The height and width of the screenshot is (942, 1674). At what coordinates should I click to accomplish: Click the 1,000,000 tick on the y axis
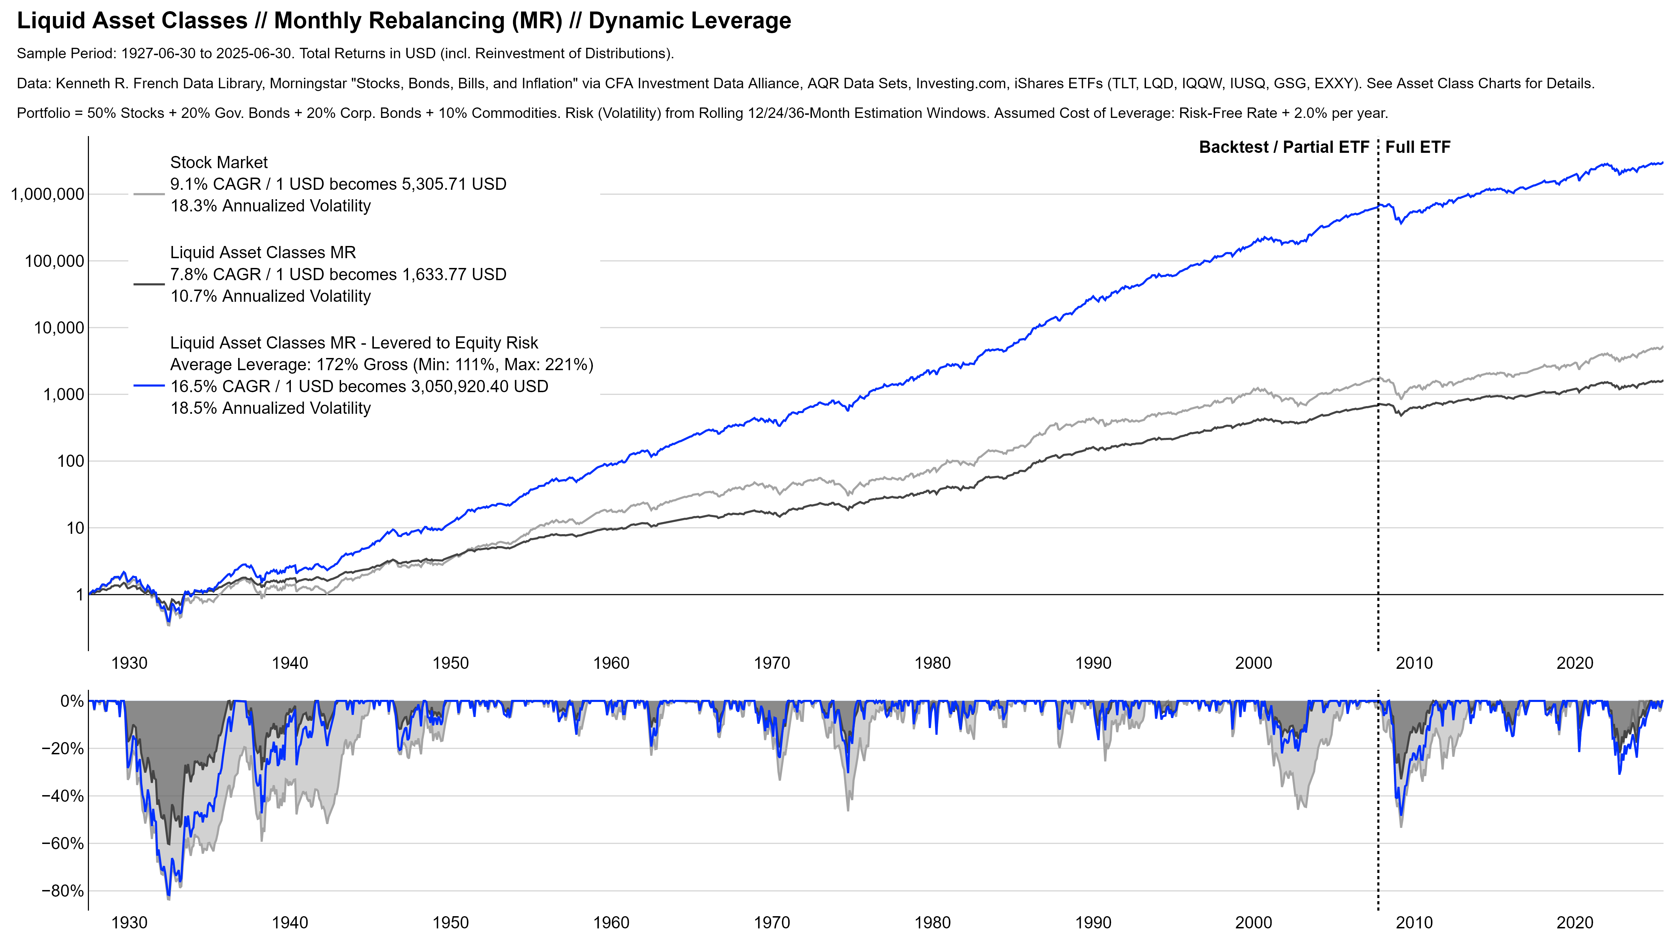[47, 194]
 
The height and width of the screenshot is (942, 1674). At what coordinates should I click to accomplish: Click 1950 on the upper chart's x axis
[450, 664]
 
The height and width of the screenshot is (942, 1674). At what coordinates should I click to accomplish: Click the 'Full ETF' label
[1417, 148]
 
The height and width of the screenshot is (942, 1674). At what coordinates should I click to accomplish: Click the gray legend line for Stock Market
[149, 194]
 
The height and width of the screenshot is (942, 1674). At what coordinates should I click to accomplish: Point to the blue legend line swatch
[149, 386]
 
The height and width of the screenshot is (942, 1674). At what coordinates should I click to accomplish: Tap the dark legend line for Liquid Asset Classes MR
[149, 284]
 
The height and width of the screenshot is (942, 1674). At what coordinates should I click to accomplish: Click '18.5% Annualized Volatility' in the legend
[270, 408]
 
